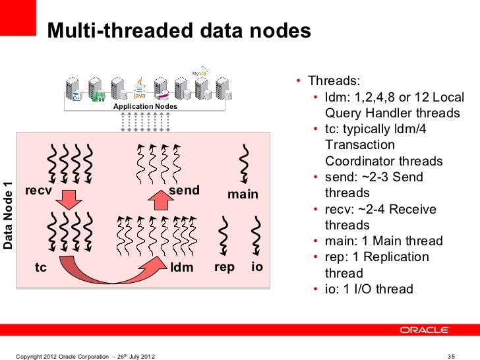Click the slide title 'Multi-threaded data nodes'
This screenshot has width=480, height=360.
pyautogui.click(x=178, y=31)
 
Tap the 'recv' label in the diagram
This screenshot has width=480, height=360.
pyautogui.click(x=38, y=191)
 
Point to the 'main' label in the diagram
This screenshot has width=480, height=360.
pyautogui.click(x=243, y=195)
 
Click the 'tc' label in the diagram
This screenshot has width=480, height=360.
pyautogui.click(x=41, y=268)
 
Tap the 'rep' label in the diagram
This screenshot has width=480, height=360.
pyautogui.click(x=224, y=268)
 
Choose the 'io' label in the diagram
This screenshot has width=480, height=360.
pyautogui.click(x=256, y=268)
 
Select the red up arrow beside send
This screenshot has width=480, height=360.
pyautogui.click(x=157, y=196)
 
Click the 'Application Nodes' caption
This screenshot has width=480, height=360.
pyautogui.click(x=144, y=106)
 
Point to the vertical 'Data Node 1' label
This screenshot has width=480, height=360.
pyautogui.click(x=9, y=215)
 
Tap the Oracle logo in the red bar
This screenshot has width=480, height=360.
pyautogui.click(x=424, y=330)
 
